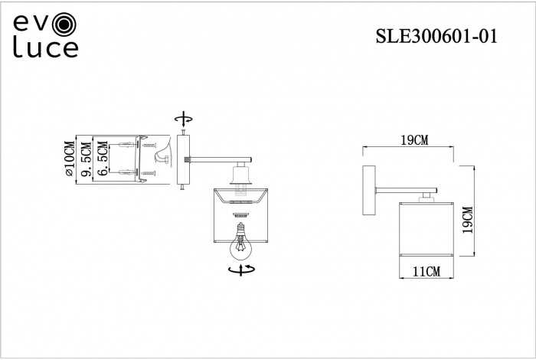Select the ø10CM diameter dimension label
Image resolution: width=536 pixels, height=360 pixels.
[x=70, y=159]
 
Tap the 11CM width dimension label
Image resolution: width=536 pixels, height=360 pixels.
[x=426, y=271]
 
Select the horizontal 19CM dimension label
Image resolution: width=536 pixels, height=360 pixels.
[x=413, y=139]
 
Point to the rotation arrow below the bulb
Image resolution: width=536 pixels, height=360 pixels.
[x=243, y=270]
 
